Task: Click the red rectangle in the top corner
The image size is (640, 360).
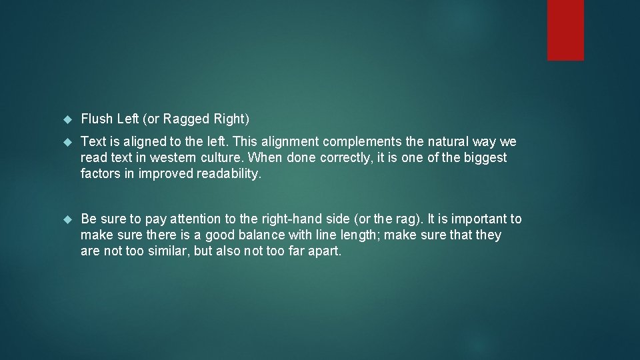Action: click(x=565, y=30)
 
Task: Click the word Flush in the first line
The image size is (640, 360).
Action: click(x=97, y=119)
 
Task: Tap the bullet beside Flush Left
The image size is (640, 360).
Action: click(x=67, y=120)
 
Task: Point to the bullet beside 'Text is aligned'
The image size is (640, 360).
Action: click(x=67, y=143)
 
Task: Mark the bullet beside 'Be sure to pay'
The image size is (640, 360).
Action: click(x=67, y=219)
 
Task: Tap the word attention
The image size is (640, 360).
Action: click(x=197, y=219)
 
